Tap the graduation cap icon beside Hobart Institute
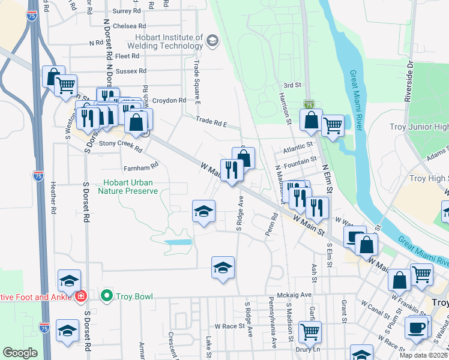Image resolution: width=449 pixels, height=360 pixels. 211,41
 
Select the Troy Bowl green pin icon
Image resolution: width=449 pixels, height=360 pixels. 107,296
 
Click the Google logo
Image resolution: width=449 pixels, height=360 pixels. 20,353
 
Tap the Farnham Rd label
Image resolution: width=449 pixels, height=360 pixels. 140,164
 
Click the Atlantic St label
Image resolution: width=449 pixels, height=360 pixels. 298,145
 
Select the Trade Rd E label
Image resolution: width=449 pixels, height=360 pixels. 212,122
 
